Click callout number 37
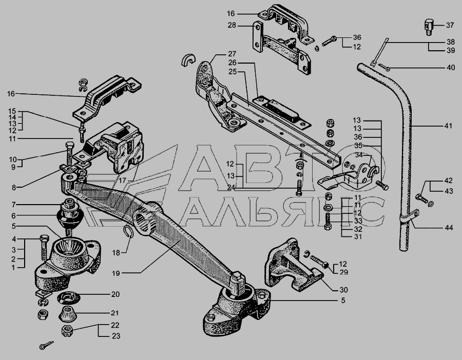coord(450,25)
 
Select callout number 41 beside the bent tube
coord(448,126)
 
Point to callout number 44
coord(449,228)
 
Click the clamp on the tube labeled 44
coord(410,216)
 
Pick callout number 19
coord(116,273)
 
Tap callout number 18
coord(116,252)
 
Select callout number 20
coord(115,294)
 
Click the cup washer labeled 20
coord(69,297)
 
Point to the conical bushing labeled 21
coord(68,314)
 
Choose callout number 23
coord(116,336)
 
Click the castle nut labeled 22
coord(67,331)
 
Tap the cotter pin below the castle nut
coord(46,345)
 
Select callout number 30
coord(343,290)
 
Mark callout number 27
coord(232,54)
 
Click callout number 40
coord(451,68)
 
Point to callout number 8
coord(14,188)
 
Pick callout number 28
coord(232,25)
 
